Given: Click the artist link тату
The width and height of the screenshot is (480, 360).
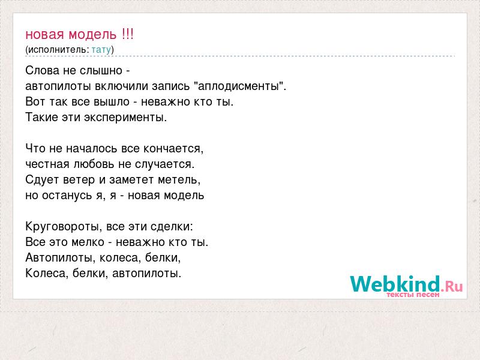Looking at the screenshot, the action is pos(101,50).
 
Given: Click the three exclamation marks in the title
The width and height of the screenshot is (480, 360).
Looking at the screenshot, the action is pos(127,34).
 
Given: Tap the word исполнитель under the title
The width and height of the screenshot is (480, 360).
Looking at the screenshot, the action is pos(58,50).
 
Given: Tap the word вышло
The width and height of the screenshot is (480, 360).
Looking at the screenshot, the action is pos(112,101).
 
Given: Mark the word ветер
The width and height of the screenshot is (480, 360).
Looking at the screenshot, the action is pos(79,179).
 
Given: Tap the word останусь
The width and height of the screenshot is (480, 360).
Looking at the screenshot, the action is pos(67,196).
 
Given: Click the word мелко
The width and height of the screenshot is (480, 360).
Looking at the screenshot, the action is pos(88,242).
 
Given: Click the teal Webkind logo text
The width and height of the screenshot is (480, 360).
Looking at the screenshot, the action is pos(395,283).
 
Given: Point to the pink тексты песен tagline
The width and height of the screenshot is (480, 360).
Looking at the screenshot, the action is pos(413,295).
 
